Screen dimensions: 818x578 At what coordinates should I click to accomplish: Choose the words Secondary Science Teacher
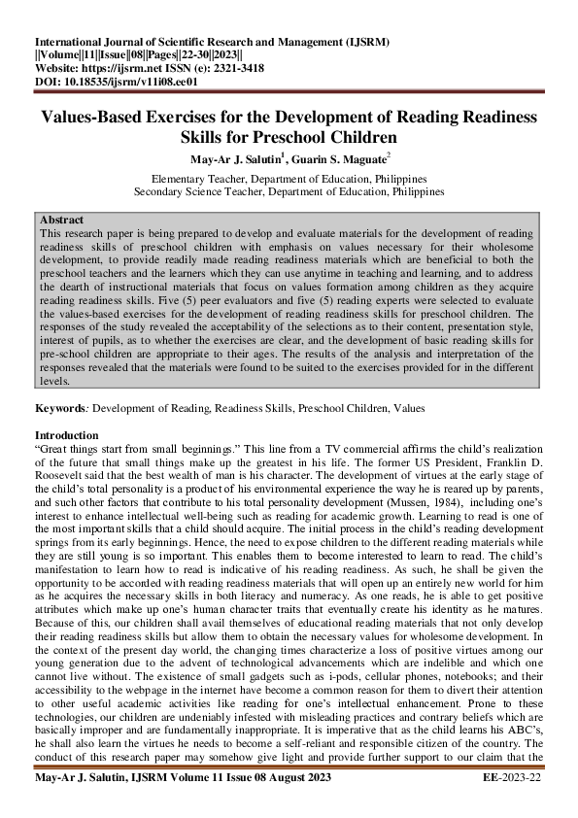point(202,191)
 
